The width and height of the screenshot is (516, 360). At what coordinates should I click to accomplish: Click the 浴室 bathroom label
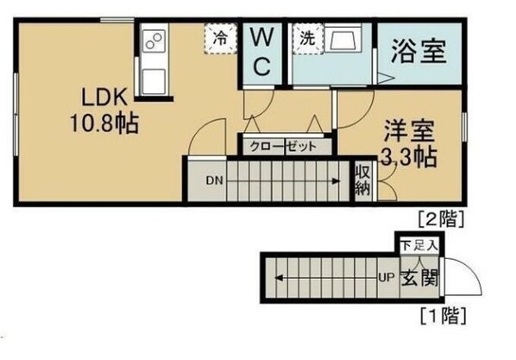(418, 52)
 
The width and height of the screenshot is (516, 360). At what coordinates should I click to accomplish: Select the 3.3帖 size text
(409, 158)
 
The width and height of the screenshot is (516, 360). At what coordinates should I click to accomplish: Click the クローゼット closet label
(284, 147)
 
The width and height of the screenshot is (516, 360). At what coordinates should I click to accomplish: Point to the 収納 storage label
(362, 180)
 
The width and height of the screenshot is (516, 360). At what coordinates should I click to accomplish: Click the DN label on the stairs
(215, 180)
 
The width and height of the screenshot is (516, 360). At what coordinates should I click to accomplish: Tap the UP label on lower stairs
(386, 278)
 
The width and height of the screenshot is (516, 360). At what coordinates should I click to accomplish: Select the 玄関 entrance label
(420, 278)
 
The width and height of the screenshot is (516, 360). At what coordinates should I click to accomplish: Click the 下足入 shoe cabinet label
(419, 245)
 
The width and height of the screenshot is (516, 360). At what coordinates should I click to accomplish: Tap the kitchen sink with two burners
(154, 41)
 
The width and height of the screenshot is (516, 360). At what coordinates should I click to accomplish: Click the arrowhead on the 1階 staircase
(280, 278)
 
